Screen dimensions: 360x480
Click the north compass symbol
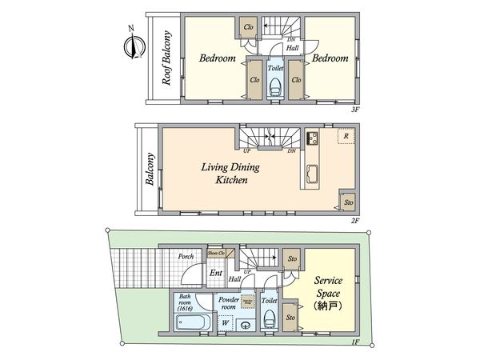click(x=131, y=43)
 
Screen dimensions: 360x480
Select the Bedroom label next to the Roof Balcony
click(x=217, y=59)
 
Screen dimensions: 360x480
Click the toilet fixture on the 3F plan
click(x=274, y=85)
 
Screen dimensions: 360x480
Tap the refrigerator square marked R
click(x=345, y=136)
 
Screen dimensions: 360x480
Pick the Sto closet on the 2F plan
click(x=347, y=202)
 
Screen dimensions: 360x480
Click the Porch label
click(x=186, y=256)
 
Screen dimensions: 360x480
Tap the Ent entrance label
click(x=215, y=273)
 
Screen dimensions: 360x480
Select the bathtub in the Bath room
click(x=191, y=323)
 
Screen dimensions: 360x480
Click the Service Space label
click(x=328, y=286)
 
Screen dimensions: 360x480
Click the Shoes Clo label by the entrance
click(x=216, y=253)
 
